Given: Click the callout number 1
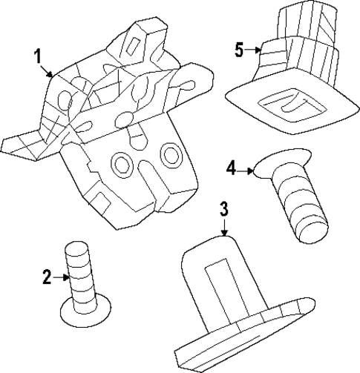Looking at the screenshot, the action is click(x=38, y=56).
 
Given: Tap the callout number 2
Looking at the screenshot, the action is click(x=47, y=277).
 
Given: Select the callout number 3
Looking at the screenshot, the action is click(x=224, y=209).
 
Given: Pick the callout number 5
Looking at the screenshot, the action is click(x=240, y=50).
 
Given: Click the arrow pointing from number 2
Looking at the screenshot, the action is click(x=61, y=277).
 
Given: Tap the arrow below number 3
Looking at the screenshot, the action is click(x=224, y=227).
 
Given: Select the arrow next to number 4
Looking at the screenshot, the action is click(x=245, y=171).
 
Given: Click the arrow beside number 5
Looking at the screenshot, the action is click(x=253, y=50).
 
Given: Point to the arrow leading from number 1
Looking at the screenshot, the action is click(x=47, y=71).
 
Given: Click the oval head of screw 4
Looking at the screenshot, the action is click(x=282, y=163).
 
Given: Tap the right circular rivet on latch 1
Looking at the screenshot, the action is click(x=171, y=154).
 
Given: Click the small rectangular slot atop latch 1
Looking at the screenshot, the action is click(x=134, y=46).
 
